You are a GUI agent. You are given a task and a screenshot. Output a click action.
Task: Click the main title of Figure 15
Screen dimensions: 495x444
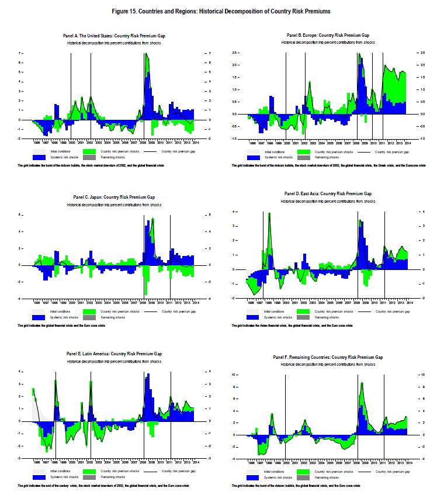(221, 11)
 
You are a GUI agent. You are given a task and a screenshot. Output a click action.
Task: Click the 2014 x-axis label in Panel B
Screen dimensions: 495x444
(408, 142)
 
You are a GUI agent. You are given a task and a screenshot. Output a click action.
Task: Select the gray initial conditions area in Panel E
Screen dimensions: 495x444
(35, 403)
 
